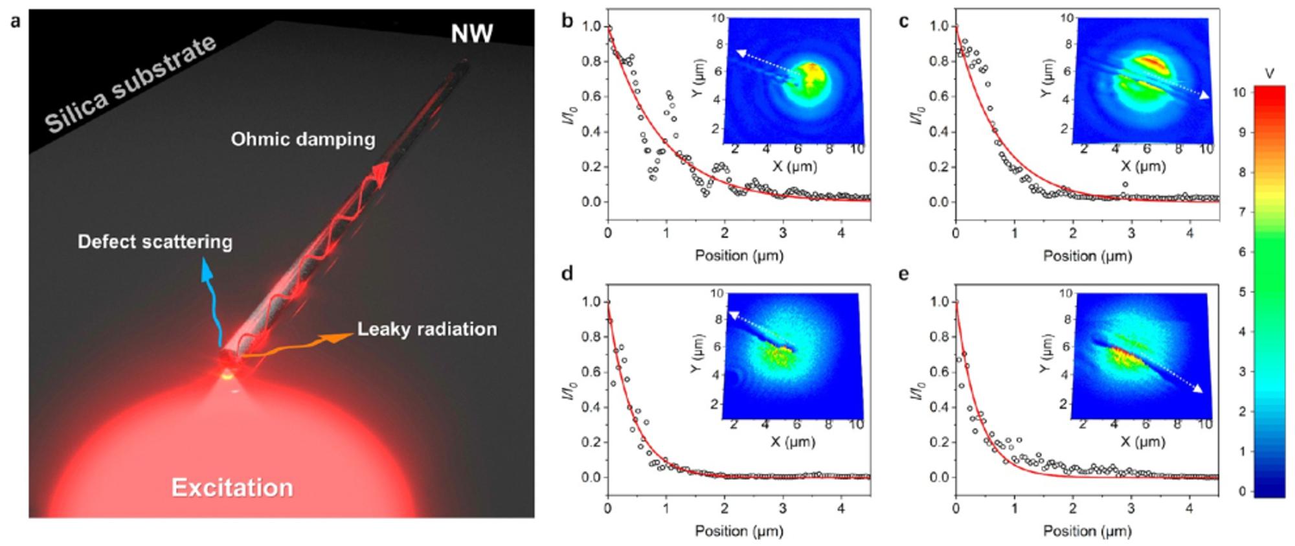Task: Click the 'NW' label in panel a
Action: [472, 33]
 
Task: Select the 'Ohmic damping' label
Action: [303, 139]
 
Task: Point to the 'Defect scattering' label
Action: [155, 242]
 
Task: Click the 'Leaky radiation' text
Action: [427, 329]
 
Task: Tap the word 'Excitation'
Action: [232, 488]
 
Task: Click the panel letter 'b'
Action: [568, 22]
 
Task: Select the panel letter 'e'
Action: [903, 274]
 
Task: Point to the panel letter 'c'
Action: [904, 22]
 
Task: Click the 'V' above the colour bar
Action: [1269, 74]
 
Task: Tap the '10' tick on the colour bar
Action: [1239, 93]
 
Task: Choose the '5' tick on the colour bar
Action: [1241, 292]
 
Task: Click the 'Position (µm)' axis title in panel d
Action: [739, 531]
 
